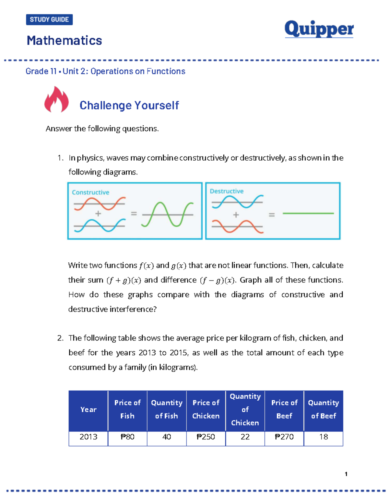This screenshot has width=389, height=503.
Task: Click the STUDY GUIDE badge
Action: point(49,19)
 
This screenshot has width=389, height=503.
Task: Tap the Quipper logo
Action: point(319,29)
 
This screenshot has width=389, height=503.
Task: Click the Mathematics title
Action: point(64,40)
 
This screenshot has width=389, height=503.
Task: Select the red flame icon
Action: point(56,100)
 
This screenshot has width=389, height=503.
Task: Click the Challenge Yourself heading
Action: point(129,105)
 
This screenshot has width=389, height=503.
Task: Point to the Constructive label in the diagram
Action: point(90,192)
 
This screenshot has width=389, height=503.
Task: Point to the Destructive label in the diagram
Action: point(227,191)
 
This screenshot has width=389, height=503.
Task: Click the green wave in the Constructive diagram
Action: point(168,214)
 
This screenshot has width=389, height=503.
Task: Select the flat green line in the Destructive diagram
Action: point(308,213)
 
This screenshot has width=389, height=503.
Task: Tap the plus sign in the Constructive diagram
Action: point(98,213)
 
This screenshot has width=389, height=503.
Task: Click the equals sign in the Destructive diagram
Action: point(272,215)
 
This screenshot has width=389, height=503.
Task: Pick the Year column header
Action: point(88,410)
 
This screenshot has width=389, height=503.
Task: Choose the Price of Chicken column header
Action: point(206,410)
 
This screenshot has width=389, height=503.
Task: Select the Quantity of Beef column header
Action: point(323,410)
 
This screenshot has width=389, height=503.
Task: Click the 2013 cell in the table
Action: point(88,437)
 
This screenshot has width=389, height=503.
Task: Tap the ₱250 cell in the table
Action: point(206,437)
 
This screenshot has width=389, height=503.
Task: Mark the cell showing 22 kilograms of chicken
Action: point(245,437)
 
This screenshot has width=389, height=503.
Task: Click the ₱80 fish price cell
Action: point(127,437)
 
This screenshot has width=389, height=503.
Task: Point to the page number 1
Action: point(346,474)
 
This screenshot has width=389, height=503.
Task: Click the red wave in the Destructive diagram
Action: point(237,226)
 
